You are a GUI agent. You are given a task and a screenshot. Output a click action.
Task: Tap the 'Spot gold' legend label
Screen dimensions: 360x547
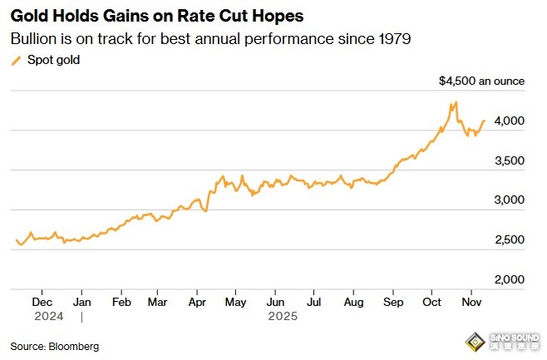click(55, 60)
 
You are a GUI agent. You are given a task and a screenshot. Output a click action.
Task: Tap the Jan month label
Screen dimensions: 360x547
click(81, 303)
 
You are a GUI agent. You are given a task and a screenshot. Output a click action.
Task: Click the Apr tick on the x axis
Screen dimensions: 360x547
click(196, 303)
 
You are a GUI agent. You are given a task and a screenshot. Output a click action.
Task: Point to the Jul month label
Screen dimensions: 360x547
click(313, 303)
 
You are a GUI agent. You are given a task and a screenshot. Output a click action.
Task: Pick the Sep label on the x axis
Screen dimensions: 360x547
click(394, 303)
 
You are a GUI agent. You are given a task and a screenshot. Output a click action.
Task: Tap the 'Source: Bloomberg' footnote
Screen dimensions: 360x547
click(54, 345)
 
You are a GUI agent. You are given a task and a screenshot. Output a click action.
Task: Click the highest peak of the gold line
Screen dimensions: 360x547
click(456, 103)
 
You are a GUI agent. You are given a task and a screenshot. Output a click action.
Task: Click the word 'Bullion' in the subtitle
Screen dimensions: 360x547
click(32, 38)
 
